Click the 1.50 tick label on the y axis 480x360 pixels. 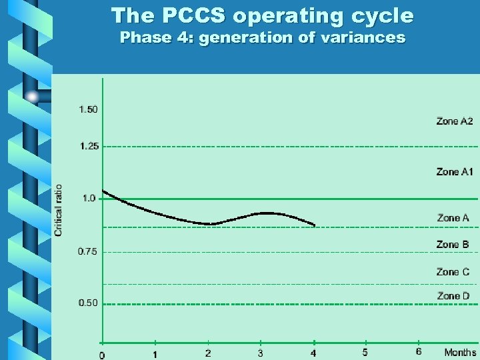(88, 109)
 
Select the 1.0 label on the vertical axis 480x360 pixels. (89, 198)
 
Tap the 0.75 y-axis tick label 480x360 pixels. (88, 251)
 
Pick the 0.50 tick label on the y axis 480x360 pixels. (88, 303)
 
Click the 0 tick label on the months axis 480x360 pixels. (102, 355)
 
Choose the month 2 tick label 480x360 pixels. (208, 353)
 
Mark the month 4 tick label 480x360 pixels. (313, 353)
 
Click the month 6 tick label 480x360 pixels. (419, 351)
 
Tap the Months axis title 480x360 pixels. (461, 353)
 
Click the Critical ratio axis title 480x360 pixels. (59, 210)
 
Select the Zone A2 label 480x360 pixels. (455, 121)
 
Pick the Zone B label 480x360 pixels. (453, 245)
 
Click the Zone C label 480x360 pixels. (453, 272)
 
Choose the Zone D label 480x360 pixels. (453, 296)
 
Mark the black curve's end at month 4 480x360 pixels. (314, 225)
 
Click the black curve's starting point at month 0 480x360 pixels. (103, 191)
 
